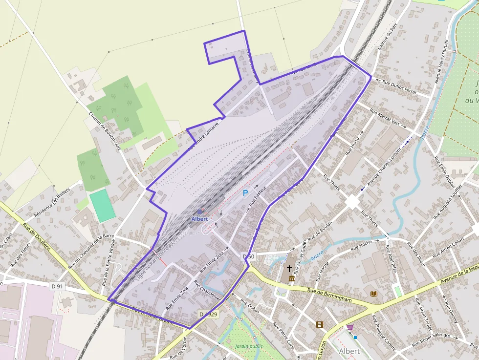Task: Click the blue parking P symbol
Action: click(x=245, y=193)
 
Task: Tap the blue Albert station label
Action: click(x=200, y=219)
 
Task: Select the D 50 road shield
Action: click(x=248, y=256)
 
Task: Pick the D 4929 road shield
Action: click(x=208, y=314)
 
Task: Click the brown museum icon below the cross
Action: click(x=291, y=278)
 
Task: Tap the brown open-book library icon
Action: click(x=374, y=294)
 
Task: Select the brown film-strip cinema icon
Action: click(x=319, y=324)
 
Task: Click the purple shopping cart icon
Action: click(x=350, y=327)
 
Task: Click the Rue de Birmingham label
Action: click(x=329, y=295)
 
